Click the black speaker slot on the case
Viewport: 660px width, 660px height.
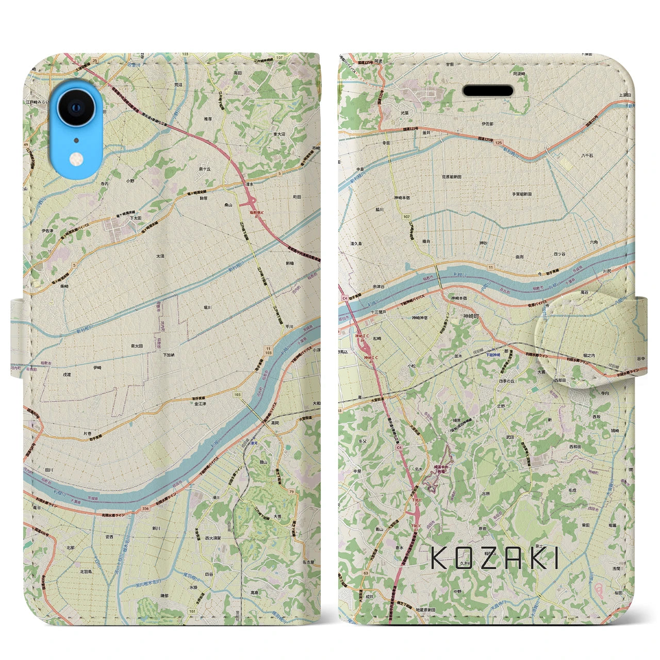point(488,91)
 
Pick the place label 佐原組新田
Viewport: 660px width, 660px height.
point(451,176)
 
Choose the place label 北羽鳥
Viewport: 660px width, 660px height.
point(87,571)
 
